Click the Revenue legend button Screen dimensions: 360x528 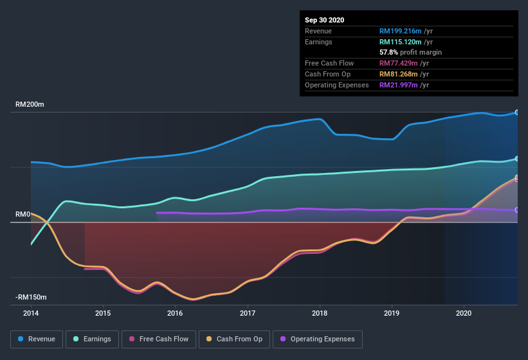point(37,339)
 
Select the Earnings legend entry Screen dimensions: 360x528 point(93,339)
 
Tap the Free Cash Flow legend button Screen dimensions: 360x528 point(159,339)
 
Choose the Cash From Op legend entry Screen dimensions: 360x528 point(235,339)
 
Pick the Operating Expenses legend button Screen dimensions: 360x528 point(318,339)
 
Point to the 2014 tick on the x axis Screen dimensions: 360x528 point(30,313)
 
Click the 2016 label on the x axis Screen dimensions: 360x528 point(174,313)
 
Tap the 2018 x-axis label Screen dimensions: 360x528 point(319,313)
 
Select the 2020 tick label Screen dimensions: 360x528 point(464,313)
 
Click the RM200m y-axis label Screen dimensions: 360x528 point(30,104)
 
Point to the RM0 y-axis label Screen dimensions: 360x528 point(23,214)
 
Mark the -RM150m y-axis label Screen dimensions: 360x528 point(32,298)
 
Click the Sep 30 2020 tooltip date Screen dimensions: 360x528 point(324,20)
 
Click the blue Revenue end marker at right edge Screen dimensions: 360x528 point(517,113)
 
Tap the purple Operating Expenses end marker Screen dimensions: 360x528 point(517,210)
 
